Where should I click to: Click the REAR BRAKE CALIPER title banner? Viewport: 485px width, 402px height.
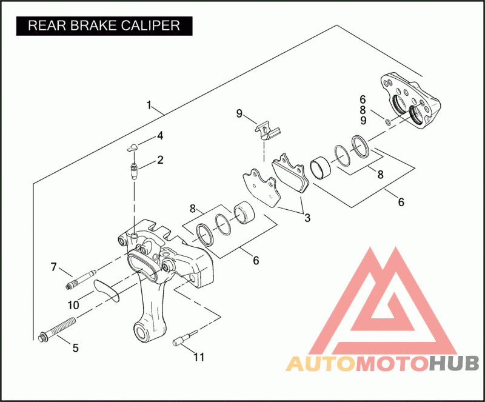pyautogui.click(x=104, y=25)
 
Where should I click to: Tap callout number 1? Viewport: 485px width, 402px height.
pyautogui.click(x=149, y=106)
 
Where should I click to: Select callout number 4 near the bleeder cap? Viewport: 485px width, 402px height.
pyautogui.click(x=160, y=136)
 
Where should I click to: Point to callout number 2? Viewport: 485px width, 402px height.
pyautogui.click(x=160, y=160)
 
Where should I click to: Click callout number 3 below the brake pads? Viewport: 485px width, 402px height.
pyautogui.click(x=307, y=218)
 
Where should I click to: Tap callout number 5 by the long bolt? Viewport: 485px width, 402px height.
pyautogui.click(x=75, y=348)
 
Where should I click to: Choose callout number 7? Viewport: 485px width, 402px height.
pyautogui.click(x=54, y=267)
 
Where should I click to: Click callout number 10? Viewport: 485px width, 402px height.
pyautogui.click(x=73, y=305)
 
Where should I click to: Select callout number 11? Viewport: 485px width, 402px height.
pyautogui.click(x=199, y=357)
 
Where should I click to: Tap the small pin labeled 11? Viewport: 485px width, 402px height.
pyautogui.click(x=184, y=338)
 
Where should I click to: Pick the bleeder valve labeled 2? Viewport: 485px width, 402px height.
pyautogui.click(x=134, y=171)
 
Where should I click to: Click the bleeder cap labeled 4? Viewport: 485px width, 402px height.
pyautogui.click(x=133, y=147)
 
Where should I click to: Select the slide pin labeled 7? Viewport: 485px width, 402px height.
pyautogui.click(x=81, y=279)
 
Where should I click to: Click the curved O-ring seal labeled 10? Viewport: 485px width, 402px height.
pyautogui.click(x=107, y=291)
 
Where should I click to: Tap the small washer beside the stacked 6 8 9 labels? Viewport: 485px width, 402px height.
pyautogui.click(x=388, y=122)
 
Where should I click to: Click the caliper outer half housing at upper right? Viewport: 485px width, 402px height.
pyautogui.click(x=410, y=101)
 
